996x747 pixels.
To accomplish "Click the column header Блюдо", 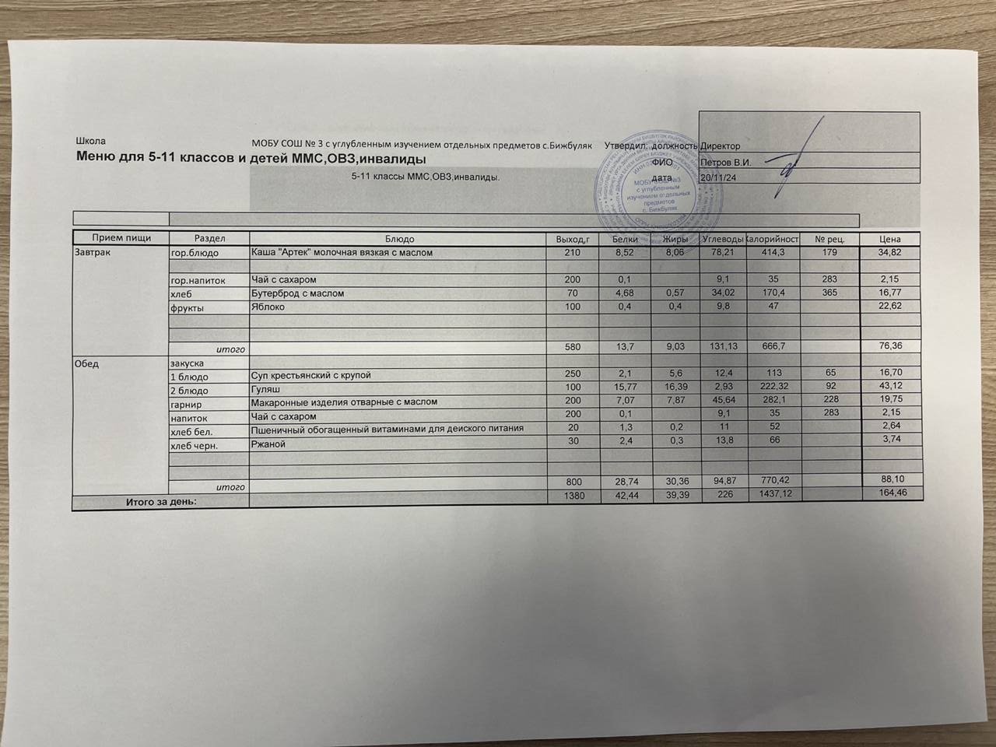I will (399, 239).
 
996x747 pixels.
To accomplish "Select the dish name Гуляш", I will (265, 389).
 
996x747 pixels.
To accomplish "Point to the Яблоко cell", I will (268, 307).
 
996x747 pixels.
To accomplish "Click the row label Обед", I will (87, 363).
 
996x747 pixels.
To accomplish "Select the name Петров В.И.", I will (725, 163).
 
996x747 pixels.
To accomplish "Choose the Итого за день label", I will (161, 502).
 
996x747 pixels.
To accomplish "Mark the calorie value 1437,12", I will (769, 495).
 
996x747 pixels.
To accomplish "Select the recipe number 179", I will (829, 253).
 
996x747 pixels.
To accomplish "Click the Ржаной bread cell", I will (268, 444).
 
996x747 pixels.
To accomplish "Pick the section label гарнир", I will (187, 404).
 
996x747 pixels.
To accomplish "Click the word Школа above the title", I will (89, 142).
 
